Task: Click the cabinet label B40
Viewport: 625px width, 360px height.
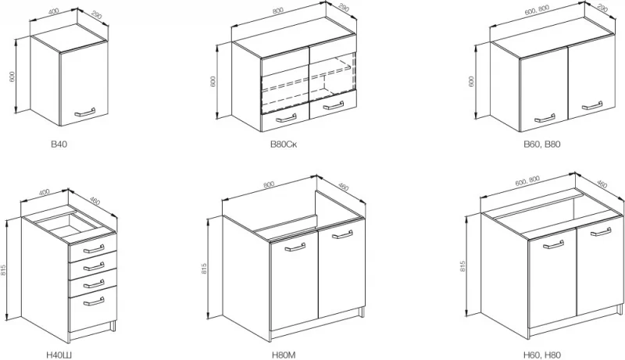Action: click(x=59, y=144)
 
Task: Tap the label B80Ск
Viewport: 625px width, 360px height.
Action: click(x=284, y=144)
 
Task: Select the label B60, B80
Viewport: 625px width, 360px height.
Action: click(x=541, y=144)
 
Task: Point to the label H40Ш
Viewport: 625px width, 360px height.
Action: click(x=59, y=355)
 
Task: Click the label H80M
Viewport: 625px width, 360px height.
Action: click(x=284, y=355)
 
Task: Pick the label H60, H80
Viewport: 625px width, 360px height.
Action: click(x=541, y=355)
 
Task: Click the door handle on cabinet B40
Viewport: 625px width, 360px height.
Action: click(x=85, y=112)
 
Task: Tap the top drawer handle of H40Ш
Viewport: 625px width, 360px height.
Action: click(x=94, y=249)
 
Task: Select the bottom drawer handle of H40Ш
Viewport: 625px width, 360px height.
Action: click(x=94, y=302)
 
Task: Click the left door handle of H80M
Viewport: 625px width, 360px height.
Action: click(x=295, y=247)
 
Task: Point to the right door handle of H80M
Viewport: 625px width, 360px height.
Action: click(x=342, y=234)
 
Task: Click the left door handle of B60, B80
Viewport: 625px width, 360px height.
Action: click(x=545, y=118)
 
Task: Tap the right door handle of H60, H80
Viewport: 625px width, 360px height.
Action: click(x=601, y=231)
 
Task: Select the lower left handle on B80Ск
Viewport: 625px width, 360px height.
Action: click(x=286, y=118)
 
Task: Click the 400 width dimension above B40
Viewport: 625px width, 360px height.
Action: click(x=53, y=11)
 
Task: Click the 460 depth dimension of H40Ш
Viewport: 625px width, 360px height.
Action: click(x=95, y=201)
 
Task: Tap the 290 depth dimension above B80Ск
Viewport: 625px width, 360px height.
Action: click(x=343, y=9)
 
